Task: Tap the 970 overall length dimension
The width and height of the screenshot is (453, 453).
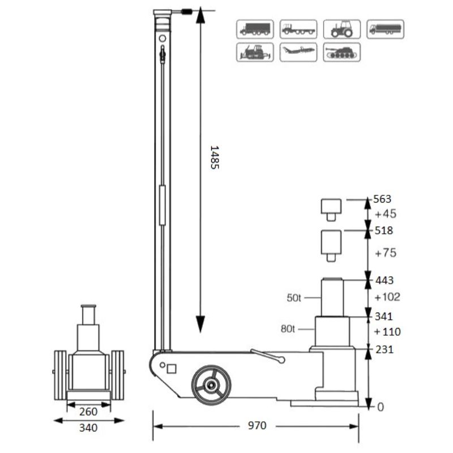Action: [256, 425]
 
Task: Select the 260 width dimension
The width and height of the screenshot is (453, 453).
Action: [88, 412]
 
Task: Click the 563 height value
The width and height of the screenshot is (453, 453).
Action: [383, 199]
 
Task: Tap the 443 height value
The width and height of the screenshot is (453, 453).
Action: [384, 280]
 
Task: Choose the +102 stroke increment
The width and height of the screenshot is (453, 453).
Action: [387, 297]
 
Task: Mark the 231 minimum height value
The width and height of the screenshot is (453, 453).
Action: [384, 349]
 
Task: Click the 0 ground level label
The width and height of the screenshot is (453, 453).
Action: [381, 407]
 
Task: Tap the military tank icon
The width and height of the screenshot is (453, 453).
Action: [341, 52]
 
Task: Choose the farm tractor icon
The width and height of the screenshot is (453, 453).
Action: [341, 29]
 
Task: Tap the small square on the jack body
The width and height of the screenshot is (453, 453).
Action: [172, 369]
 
